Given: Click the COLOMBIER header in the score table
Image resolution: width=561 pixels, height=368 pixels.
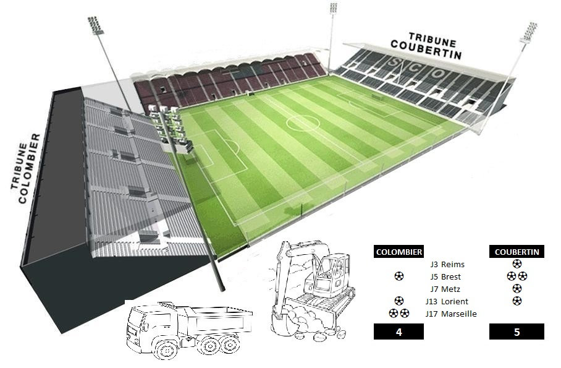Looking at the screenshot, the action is [399, 252].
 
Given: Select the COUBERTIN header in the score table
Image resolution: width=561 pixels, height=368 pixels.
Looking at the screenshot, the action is [517, 252].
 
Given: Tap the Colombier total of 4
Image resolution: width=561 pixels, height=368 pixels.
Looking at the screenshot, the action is [399, 332].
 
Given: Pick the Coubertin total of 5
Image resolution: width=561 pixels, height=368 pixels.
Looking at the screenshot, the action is [517, 332].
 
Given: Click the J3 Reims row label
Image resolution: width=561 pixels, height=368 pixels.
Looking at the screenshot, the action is [447, 265].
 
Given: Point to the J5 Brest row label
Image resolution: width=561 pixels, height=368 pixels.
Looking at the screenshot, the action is [445, 277].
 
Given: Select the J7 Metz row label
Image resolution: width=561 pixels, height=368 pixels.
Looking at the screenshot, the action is [445, 289].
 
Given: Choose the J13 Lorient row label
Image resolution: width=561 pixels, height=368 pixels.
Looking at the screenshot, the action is [447, 302].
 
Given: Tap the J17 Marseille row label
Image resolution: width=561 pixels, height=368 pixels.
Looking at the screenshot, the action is [451, 314].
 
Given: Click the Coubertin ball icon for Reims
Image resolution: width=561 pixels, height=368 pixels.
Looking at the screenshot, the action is [517, 264].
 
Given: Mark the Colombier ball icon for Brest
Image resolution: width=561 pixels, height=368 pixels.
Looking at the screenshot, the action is [399, 276].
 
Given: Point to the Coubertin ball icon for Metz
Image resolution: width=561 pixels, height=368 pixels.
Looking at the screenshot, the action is [517, 288].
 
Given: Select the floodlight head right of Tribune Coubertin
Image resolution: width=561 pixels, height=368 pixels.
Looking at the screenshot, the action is [528, 32].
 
